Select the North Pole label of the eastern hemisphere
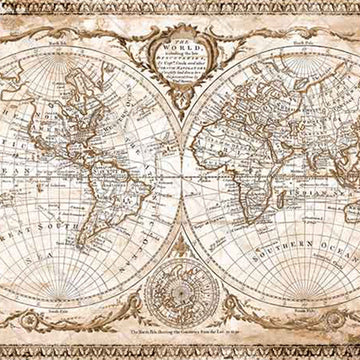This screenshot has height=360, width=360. [299, 44]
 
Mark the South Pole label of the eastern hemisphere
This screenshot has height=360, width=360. [299, 312]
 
